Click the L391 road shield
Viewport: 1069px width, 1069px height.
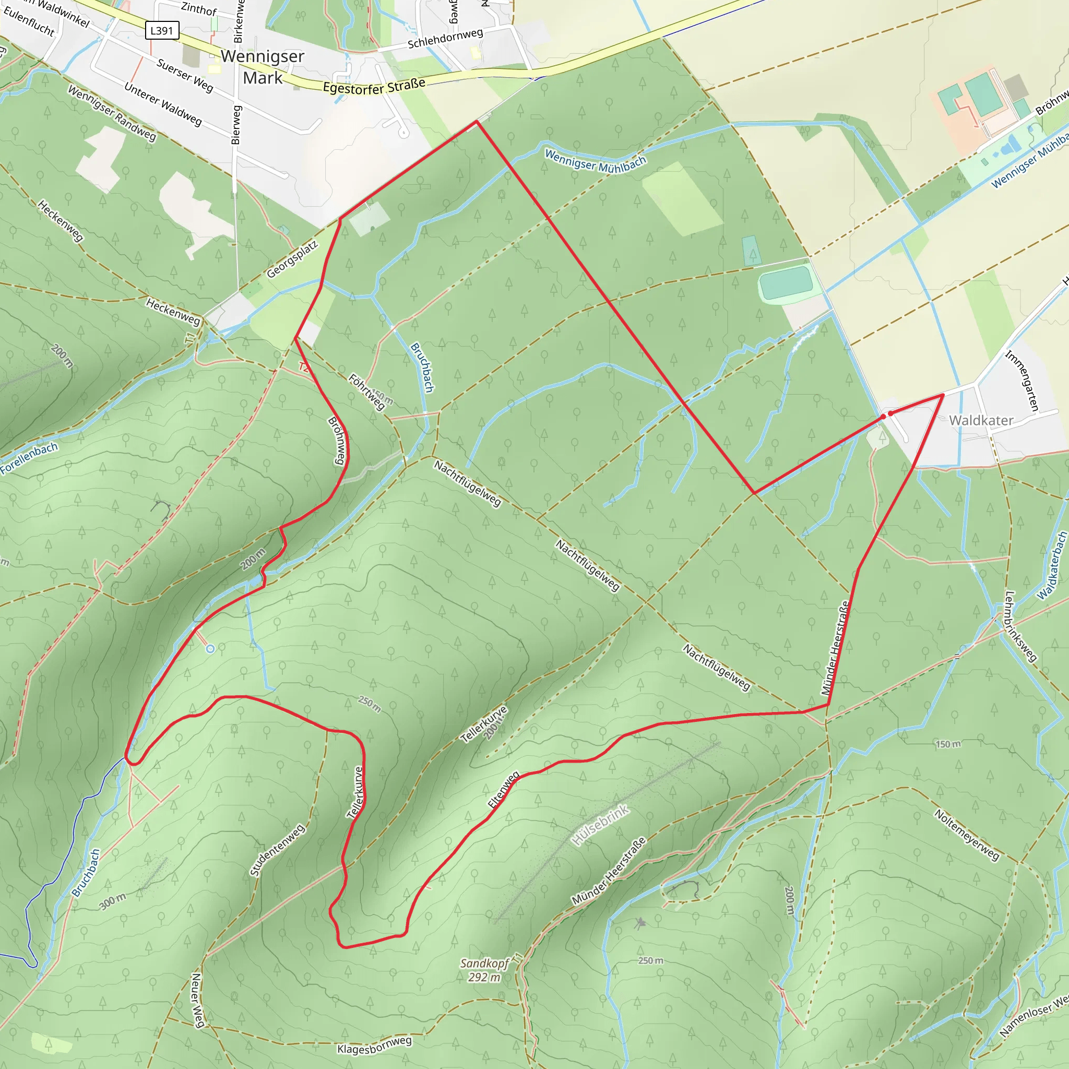pos(162,30)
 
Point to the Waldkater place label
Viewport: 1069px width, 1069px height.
pos(981,421)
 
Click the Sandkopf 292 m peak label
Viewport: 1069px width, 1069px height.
pos(484,970)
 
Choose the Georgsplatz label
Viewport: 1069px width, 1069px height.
pos(292,259)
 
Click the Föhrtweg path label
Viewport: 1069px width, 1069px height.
pos(366,393)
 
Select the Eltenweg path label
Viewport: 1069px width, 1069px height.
pos(504,790)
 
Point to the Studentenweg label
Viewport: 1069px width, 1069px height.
pos(277,850)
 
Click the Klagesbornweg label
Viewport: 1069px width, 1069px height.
pos(375,1044)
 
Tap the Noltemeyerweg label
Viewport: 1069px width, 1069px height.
pos(967,835)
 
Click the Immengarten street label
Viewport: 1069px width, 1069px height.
pos(1022,380)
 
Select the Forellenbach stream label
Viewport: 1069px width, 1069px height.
pos(29,458)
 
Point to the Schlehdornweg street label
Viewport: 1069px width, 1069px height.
pos(445,38)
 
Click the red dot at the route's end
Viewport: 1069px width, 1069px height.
pos(890,413)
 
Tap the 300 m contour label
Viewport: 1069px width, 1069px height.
pos(113,901)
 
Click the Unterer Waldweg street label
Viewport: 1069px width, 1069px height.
pos(163,104)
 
